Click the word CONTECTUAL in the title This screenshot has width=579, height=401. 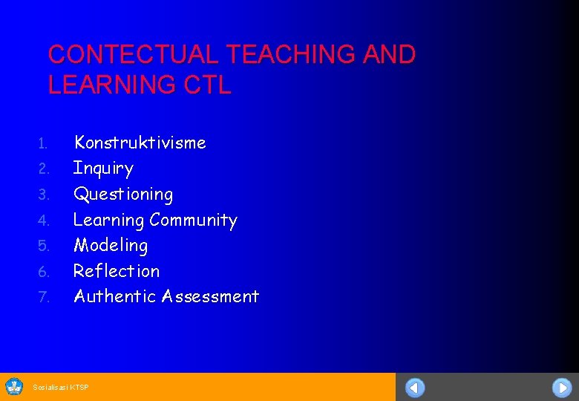coord(134,55)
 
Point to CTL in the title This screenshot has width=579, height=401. coord(206,85)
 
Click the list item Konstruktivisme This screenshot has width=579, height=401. coord(140,143)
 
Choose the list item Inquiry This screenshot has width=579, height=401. coord(103,169)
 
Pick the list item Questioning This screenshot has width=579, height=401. coord(123,195)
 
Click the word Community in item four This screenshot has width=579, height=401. coord(193,220)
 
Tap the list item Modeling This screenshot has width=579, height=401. coord(111,245)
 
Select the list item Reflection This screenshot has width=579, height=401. coord(117,271)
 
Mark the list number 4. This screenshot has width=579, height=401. coord(43,221)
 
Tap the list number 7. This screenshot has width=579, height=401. coord(43,298)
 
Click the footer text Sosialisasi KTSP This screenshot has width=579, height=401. coord(61,387)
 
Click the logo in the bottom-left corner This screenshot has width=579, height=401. coord(14,386)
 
